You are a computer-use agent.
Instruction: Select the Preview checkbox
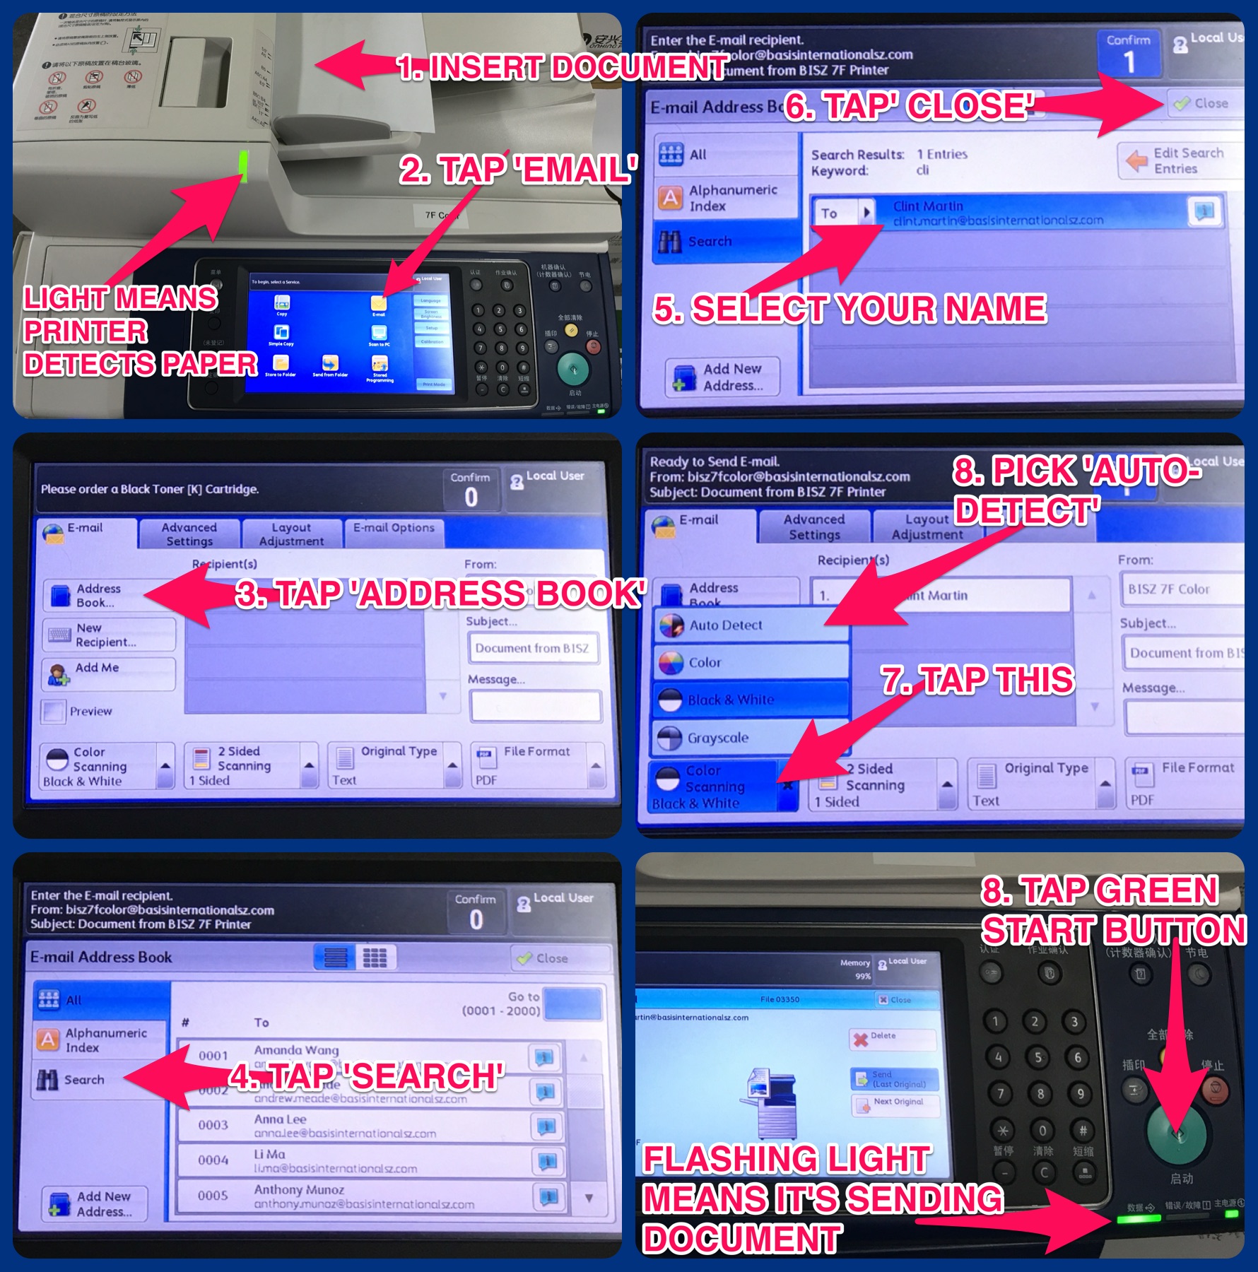point(54,711)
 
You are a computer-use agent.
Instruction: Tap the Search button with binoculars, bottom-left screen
point(99,1079)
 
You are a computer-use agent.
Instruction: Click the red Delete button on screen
point(892,1038)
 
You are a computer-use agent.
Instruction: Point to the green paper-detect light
point(244,165)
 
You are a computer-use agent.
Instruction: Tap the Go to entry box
point(572,1003)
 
